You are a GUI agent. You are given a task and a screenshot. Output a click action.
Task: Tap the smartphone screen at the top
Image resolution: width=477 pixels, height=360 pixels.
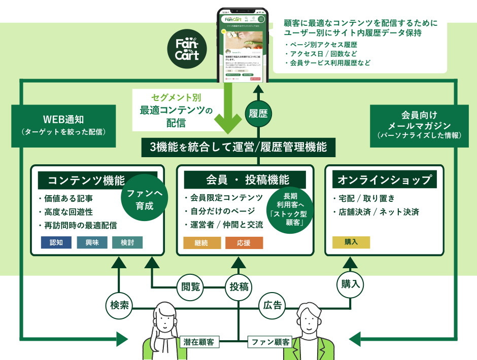coord(243,46)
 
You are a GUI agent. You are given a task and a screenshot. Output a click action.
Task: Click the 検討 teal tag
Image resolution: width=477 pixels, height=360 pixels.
coord(127,242)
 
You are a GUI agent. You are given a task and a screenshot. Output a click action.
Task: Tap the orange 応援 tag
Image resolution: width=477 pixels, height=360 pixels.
coord(244,242)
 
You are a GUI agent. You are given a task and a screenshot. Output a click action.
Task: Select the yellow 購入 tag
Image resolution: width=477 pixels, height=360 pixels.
coord(351,242)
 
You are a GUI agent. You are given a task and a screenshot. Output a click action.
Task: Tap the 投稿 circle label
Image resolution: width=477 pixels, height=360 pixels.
coord(239,286)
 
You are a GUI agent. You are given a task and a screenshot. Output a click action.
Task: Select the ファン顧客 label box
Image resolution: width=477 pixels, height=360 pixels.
coord(269,342)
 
